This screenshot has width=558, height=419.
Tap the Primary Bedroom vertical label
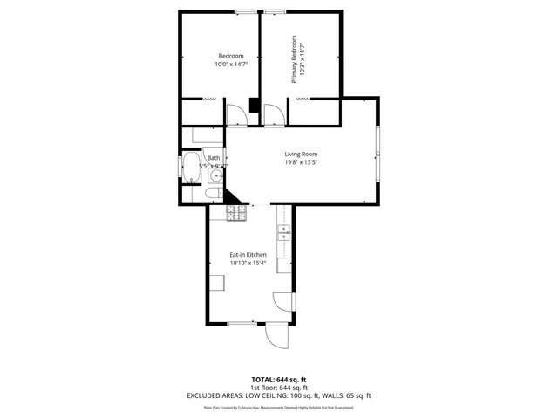[x=294, y=59]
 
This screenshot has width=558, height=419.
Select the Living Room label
[x=301, y=154]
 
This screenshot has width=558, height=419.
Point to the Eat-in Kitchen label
[x=248, y=255]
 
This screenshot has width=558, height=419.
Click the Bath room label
[x=214, y=158]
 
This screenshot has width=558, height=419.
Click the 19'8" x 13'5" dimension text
[x=301, y=161]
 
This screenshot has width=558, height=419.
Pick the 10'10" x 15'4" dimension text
[x=248, y=263]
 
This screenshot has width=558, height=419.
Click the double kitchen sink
[x=284, y=231]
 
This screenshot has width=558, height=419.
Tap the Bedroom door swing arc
[x=235, y=114]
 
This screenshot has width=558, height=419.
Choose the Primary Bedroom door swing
[x=272, y=113]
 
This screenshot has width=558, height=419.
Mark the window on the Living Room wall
[x=378, y=153]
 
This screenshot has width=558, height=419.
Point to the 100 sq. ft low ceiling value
[x=303, y=395]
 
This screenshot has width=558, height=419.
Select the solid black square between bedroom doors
[x=253, y=106]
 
